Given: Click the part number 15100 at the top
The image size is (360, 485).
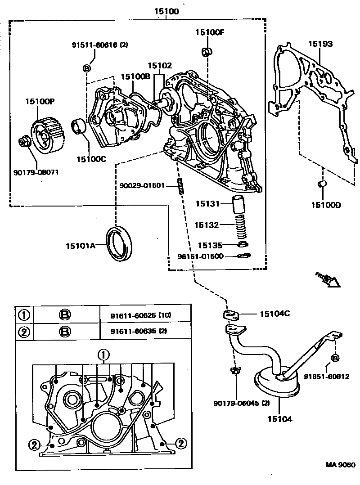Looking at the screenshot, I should point(166,12).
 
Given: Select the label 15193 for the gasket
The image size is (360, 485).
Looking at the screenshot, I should point(320,44).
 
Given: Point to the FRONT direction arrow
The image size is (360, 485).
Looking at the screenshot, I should point(327,279).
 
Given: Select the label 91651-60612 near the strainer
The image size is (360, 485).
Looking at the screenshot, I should point(326,376).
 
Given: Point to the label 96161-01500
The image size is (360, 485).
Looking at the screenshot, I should point(199,257).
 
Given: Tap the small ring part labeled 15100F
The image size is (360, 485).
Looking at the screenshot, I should point(207,51).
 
